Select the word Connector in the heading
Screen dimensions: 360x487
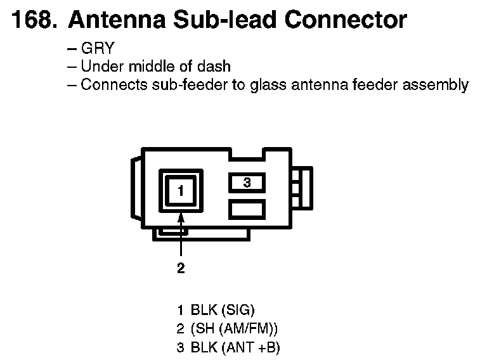coord(345,21)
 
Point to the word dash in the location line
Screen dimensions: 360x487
coord(216,67)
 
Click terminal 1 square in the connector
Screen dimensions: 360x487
coord(181,190)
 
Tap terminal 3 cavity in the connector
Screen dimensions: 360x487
coord(247,183)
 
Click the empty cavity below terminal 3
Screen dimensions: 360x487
coord(247,209)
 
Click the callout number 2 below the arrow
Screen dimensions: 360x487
coord(181,269)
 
